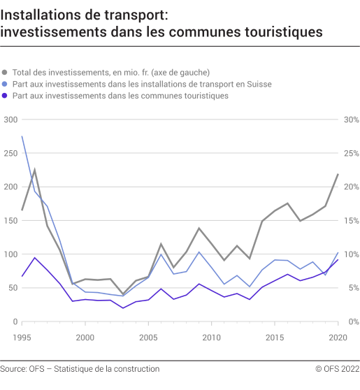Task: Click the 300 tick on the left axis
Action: click(10, 120)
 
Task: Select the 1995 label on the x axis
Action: click(22, 337)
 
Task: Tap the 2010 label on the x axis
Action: click(212, 337)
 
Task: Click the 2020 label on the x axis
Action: click(338, 337)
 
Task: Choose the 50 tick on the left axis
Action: click(13, 288)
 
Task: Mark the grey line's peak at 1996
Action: click(34, 170)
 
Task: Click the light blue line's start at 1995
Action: click(22, 137)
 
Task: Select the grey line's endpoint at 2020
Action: click(338, 175)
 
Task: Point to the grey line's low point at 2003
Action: click(123, 294)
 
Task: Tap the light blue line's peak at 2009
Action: click(199, 252)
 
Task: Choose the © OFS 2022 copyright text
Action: click(328, 368)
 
